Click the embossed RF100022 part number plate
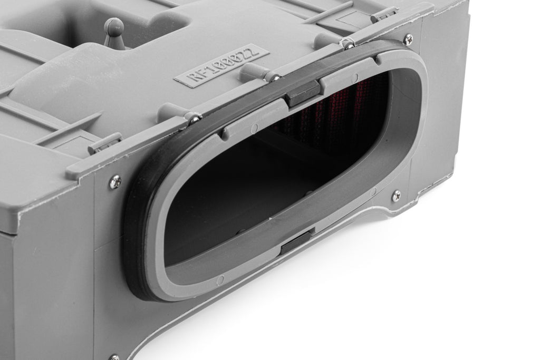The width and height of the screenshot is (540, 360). tap(221, 65)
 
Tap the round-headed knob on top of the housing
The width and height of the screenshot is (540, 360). tap(114, 32)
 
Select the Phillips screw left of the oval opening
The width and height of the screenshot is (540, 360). tap(115, 181)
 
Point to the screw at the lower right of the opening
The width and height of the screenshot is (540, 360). tap(397, 196)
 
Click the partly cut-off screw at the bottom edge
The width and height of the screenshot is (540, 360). tap(114, 357)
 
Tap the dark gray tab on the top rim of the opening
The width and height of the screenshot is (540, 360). tap(303, 94)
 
